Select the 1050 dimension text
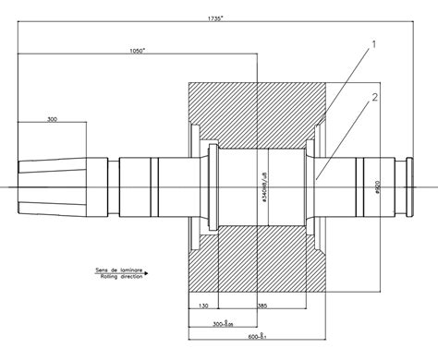[x=140, y=53]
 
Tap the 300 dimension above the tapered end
[x=52, y=119]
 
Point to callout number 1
[x=373, y=43]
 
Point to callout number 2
[x=373, y=95]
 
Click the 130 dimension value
[x=201, y=306]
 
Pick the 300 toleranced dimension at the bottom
[x=223, y=324]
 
